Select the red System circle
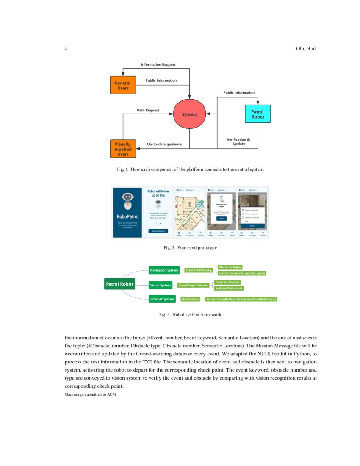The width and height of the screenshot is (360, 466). point(189,114)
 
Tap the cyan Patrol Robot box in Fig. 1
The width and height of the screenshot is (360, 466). point(258,114)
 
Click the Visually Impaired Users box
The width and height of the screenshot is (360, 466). point(122,149)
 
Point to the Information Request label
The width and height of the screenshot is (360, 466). point(158,65)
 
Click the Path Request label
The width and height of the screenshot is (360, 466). point(148,111)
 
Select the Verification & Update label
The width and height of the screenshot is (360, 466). point(238,141)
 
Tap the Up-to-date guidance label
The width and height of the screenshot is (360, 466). point(164,144)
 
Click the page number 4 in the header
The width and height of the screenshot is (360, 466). point(66,49)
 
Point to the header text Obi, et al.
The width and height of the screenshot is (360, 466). point(306,49)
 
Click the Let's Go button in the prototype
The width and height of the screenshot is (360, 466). point(222,219)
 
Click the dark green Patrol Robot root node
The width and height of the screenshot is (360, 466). point(119,284)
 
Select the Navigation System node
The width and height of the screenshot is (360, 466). point(164,270)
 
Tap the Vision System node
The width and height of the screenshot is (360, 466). point(161,285)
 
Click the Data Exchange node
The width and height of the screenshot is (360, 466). point(190,299)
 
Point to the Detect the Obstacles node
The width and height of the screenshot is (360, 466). point(228,282)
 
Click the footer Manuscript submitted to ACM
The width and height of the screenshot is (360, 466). point(90,395)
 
